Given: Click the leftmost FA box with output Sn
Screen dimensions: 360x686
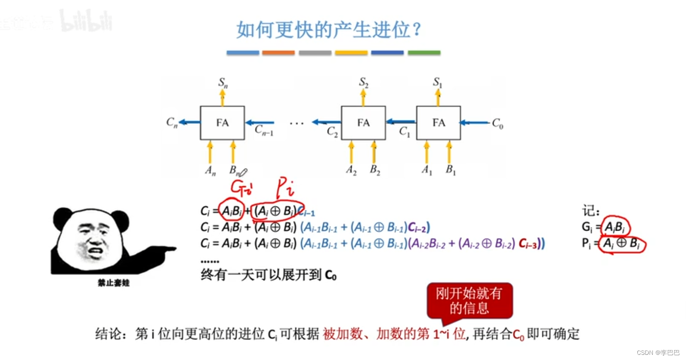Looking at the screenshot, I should click(x=222, y=123).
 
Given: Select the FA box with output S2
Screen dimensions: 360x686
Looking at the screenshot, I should click(x=363, y=123).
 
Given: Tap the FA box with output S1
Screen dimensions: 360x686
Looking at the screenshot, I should click(x=438, y=123).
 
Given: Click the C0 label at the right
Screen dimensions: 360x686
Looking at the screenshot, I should click(x=498, y=124).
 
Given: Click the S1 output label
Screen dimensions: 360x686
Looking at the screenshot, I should click(x=437, y=82).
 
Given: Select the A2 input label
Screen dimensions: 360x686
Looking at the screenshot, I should click(x=351, y=170).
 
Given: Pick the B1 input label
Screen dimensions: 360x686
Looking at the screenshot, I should click(x=450, y=170).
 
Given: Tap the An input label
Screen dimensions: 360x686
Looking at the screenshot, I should click(x=210, y=171).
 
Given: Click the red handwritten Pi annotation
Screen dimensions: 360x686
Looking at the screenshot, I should click(x=284, y=187).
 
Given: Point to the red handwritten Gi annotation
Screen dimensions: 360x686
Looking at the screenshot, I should click(x=241, y=187).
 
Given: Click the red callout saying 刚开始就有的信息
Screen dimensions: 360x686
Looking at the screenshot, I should click(x=469, y=301).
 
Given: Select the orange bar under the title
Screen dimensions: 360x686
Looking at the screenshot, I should click(x=278, y=53).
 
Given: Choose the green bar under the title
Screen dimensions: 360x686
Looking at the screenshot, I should click(x=424, y=53).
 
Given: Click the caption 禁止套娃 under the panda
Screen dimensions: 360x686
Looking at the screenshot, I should click(x=113, y=283).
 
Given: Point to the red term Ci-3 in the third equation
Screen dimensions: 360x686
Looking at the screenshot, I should click(x=528, y=244).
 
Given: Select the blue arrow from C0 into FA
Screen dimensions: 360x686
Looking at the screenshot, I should click(x=475, y=123).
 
